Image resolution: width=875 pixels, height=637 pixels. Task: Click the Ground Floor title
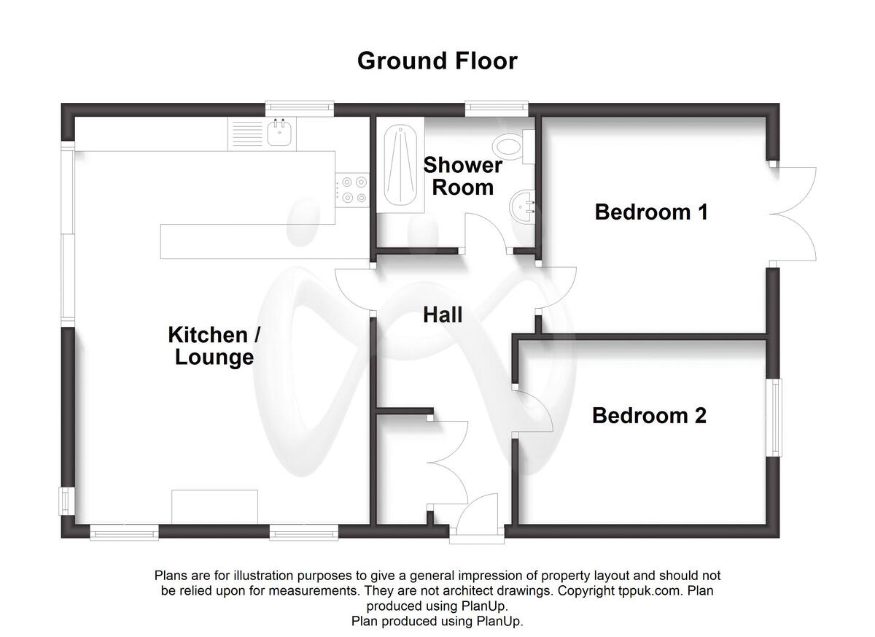pyautogui.click(x=437, y=61)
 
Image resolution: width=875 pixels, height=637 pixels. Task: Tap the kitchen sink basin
pyautogui.click(x=280, y=134)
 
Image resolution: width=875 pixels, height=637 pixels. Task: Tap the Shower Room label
pyautogui.click(x=463, y=176)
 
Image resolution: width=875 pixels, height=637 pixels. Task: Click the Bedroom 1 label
pyautogui.click(x=651, y=212)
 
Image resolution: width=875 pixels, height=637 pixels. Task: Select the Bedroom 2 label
pyautogui.click(x=649, y=416)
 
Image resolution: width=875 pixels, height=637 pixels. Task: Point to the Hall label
pyautogui.click(x=443, y=315)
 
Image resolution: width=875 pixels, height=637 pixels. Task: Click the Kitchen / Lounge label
pyautogui.click(x=214, y=346)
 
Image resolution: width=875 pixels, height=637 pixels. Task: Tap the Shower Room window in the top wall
pyautogui.click(x=497, y=109)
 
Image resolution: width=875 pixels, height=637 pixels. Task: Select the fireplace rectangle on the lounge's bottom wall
pyautogui.click(x=214, y=506)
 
